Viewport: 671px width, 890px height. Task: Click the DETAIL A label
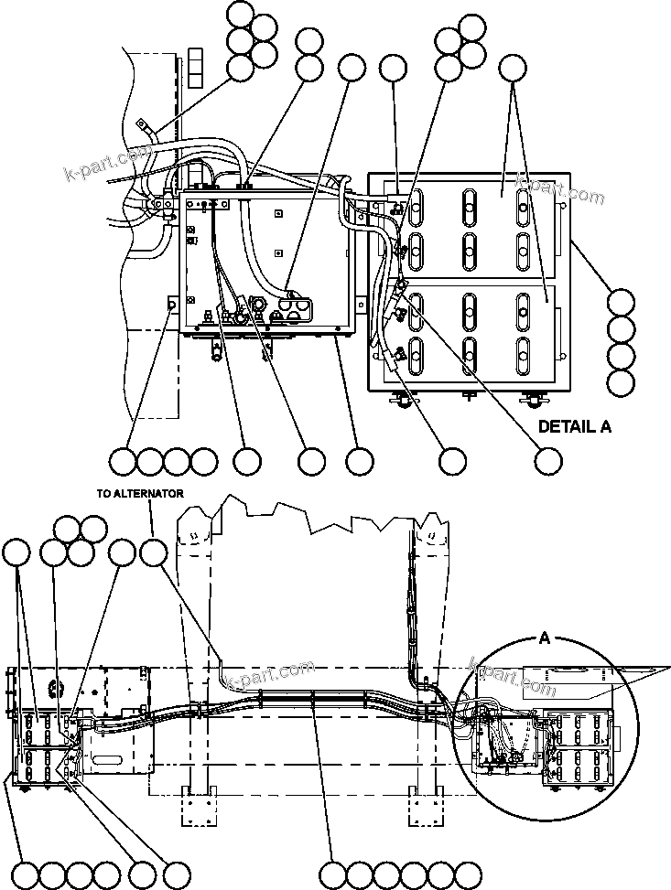[574, 426]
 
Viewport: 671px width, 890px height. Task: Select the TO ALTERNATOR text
[141, 493]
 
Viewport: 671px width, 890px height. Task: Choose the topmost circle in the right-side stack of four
[621, 302]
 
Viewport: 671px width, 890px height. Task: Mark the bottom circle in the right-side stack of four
[621, 381]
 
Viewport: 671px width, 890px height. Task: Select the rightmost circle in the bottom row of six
[468, 873]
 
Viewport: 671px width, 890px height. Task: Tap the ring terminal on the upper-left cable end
[141, 123]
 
